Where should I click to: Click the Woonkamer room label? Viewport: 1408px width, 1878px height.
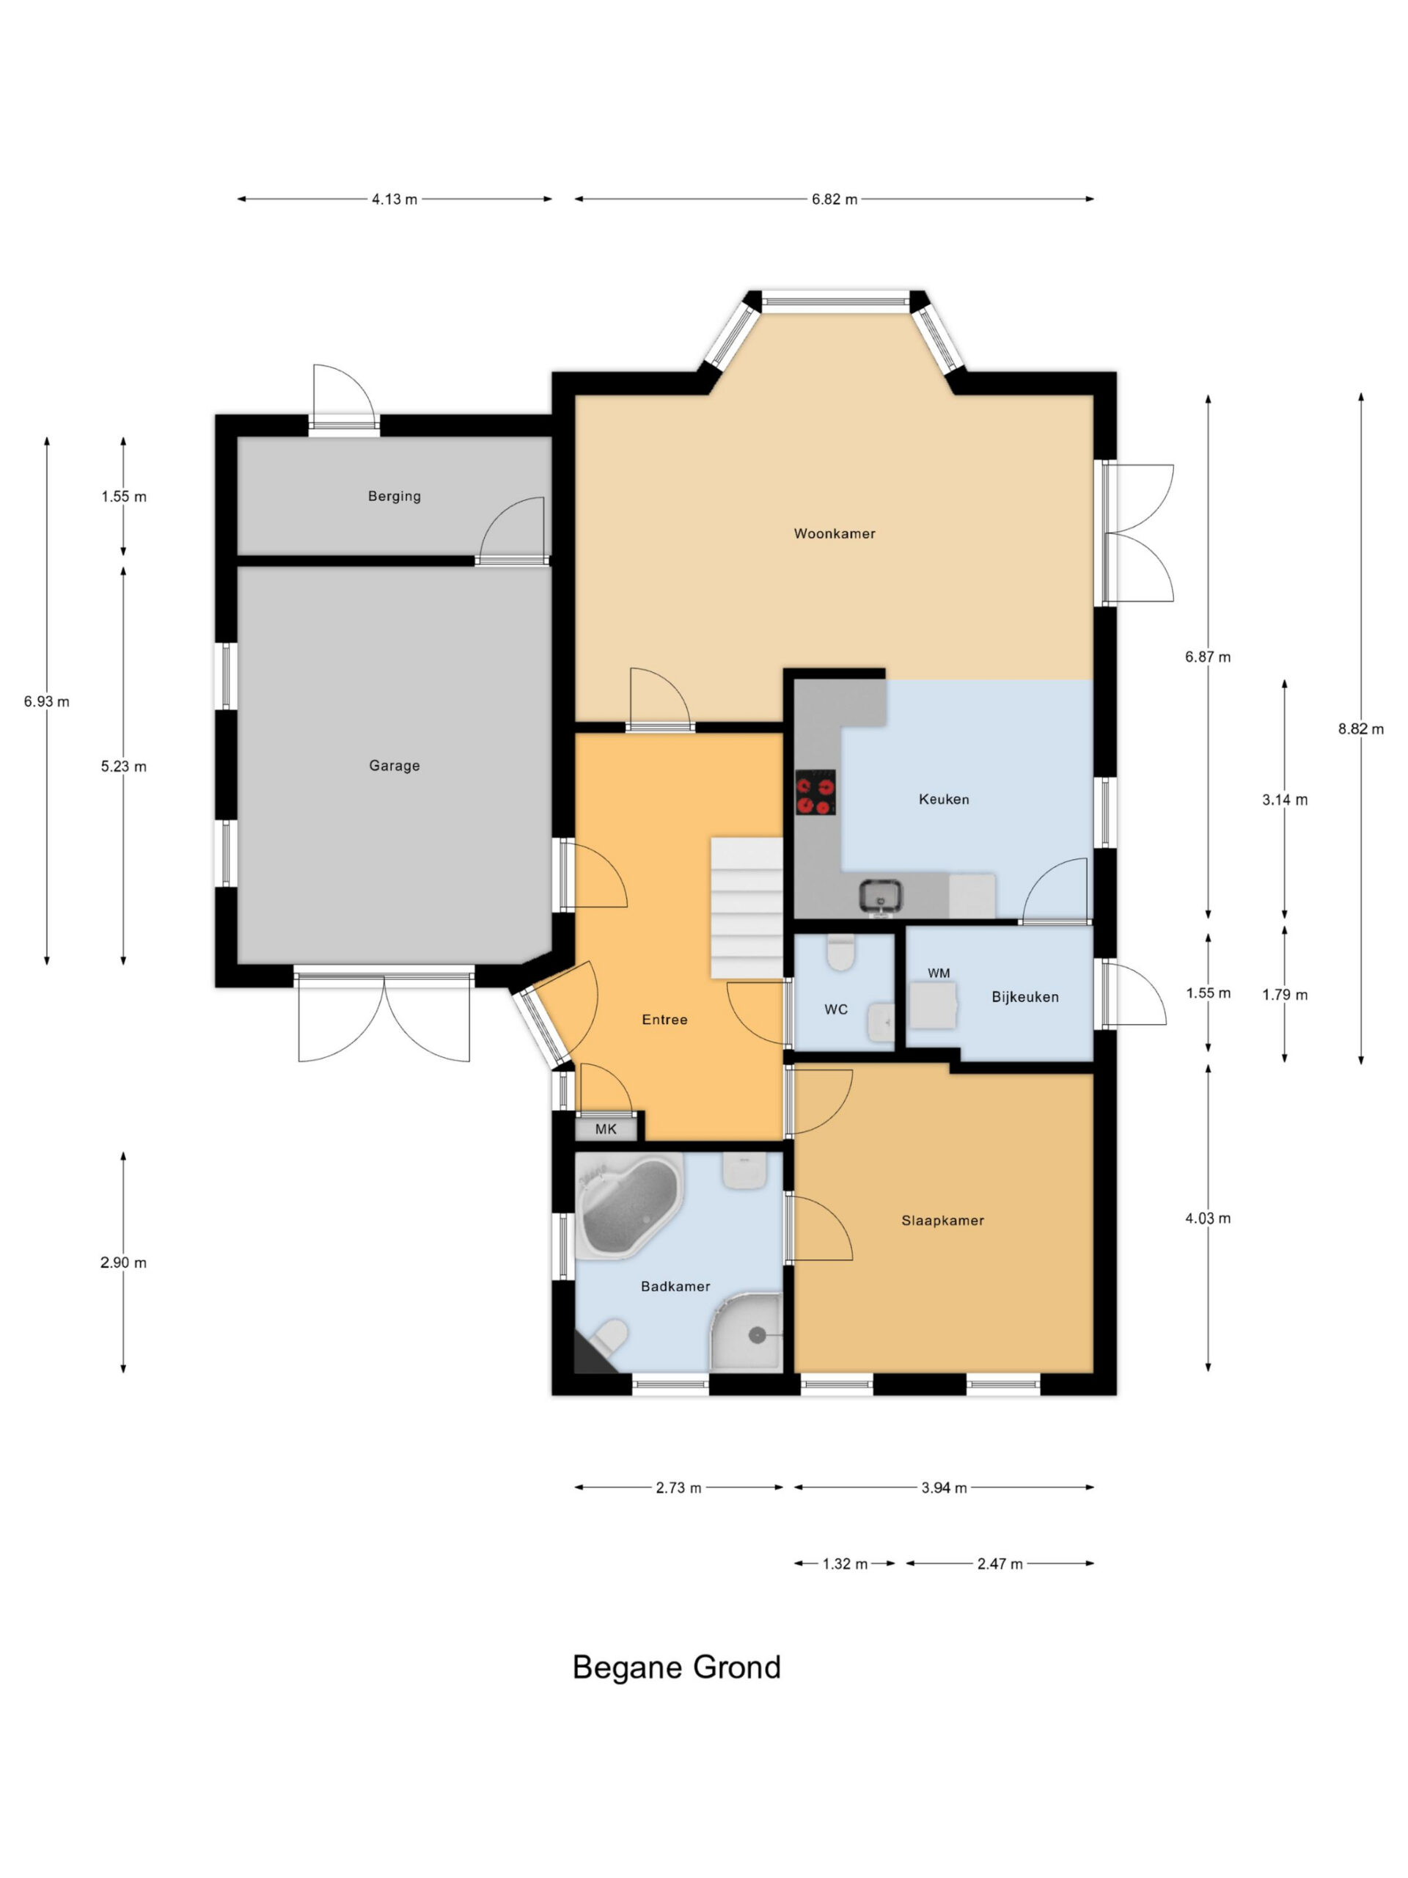835,533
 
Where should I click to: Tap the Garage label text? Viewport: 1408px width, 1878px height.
395,766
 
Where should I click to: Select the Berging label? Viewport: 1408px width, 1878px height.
395,496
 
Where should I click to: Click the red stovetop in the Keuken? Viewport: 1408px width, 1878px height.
815,792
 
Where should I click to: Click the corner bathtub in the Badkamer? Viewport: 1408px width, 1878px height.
629,1205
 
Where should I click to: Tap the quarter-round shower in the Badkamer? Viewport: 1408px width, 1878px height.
746,1332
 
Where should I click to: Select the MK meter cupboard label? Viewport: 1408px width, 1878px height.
606,1129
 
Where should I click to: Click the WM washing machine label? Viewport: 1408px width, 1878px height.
939,973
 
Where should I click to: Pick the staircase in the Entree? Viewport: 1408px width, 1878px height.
746,907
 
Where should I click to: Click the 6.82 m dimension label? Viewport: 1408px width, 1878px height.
835,200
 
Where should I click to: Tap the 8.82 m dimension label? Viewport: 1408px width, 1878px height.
1360,728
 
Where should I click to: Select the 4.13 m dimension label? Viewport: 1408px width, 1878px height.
395,200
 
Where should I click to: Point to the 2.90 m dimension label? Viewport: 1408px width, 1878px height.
123,1263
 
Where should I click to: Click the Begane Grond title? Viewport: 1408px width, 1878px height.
676,1667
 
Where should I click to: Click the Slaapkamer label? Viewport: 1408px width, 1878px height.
943,1220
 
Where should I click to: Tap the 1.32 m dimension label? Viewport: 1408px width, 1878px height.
846,1564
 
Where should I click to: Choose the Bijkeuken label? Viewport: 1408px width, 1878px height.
1025,997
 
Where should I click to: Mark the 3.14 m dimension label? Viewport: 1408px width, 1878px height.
1284,800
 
